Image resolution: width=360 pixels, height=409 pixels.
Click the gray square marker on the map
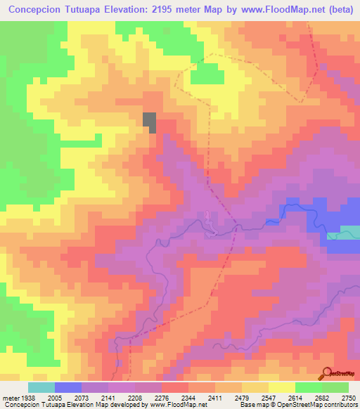[150, 122]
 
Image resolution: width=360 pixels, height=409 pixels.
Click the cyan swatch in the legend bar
[41, 387]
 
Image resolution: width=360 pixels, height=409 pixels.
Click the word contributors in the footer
[340, 404]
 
